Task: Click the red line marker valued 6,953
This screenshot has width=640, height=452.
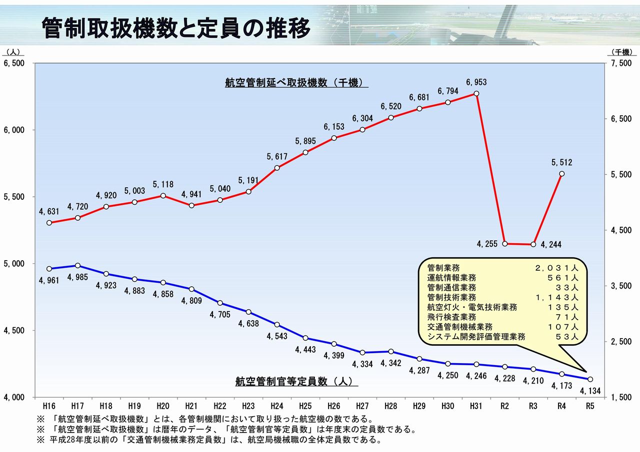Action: [x=476, y=93]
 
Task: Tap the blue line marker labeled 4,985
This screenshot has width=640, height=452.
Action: [x=77, y=266]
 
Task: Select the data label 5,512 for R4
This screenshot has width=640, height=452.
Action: [x=561, y=163]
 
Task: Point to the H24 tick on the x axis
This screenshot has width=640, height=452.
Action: [x=277, y=406]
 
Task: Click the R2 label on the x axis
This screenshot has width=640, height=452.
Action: [x=504, y=406]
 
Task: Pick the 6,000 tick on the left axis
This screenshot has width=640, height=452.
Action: [x=13, y=130]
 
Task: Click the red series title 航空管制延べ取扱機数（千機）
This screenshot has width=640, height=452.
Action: [x=296, y=83]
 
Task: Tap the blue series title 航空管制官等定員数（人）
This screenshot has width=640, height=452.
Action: [x=296, y=381]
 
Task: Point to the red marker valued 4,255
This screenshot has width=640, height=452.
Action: [x=505, y=244]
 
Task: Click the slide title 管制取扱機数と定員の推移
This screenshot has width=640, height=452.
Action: [x=176, y=28]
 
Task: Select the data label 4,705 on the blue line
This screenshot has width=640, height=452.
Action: [x=220, y=315]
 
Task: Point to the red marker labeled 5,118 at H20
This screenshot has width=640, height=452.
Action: [x=163, y=195]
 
